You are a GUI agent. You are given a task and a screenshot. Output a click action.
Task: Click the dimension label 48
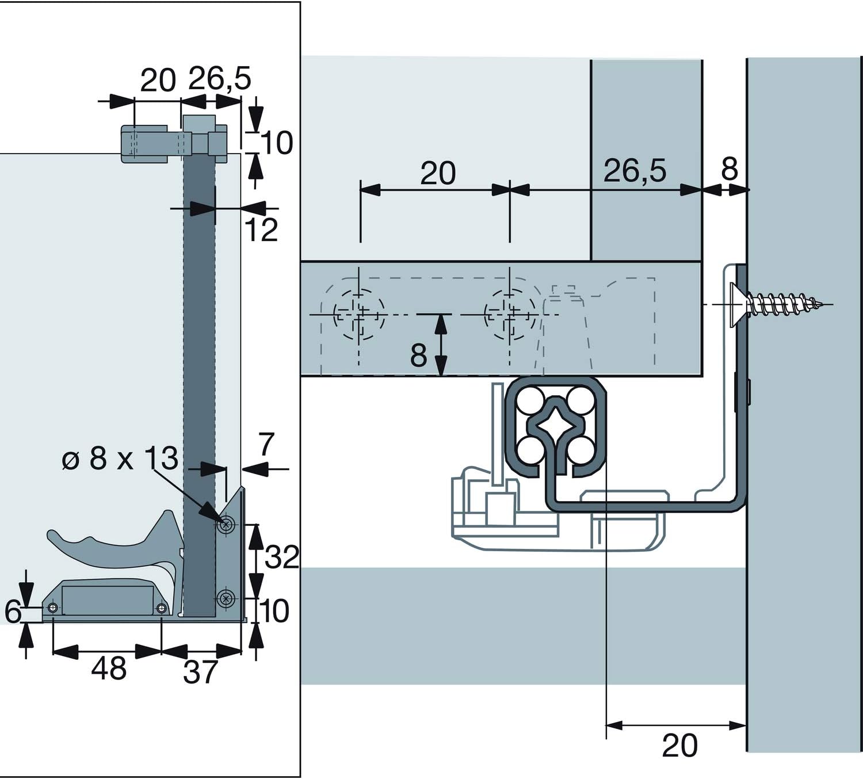(x=108, y=669)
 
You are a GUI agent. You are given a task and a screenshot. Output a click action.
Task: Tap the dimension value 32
(x=282, y=557)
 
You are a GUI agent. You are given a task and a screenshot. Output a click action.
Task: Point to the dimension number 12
(x=261, y=230)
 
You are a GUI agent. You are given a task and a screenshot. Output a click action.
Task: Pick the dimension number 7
(x=265, y=445)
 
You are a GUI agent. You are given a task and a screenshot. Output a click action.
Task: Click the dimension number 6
(x=13, y=612)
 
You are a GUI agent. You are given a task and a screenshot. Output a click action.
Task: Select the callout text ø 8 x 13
(x=120, y=459)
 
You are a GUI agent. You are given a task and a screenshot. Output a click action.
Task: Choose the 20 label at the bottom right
(x=679, y=746)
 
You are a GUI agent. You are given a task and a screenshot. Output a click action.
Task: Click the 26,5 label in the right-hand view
(x=635, y=171)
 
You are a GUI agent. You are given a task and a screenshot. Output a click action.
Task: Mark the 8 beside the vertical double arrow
(x=418, y=356)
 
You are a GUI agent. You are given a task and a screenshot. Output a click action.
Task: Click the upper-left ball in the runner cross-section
(x=528, y=401)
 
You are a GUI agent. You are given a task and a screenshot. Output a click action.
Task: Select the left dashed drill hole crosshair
(x=359, y=315)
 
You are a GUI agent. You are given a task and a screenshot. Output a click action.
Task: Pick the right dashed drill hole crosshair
(x=509, y=315)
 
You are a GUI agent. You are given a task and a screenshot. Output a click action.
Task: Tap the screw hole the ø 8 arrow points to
(x=227, y=524)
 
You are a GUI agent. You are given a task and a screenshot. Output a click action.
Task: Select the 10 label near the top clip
(x=277, y=143)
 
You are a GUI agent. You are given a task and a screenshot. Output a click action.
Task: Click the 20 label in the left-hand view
(x=158, y=80)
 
